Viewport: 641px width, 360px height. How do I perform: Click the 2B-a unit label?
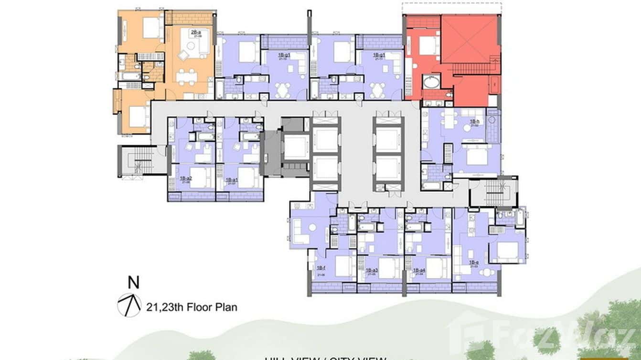(x=195, y=32)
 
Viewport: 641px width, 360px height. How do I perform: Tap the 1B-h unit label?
(x=474, y=122)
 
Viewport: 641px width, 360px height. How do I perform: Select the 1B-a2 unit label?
(x=185, y=179)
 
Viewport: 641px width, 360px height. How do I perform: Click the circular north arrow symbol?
(x=129, y=305)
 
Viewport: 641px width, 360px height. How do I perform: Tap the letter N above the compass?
(x=134, y=283)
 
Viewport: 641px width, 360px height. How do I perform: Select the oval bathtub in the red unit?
(x=432, y=82)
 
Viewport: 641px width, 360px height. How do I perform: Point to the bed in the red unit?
(x=428, y=46)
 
